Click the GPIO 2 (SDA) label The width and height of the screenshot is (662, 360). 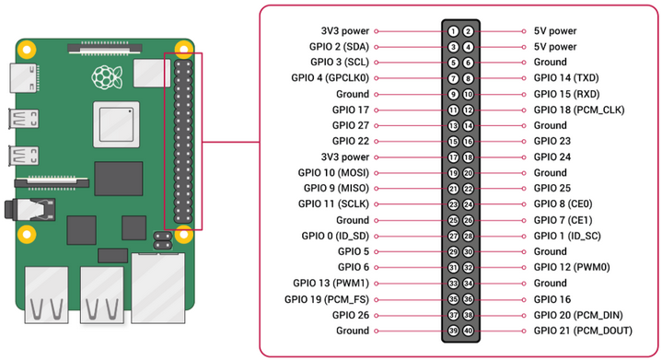point(340,46)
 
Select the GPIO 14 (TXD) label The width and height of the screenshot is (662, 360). point(566,78)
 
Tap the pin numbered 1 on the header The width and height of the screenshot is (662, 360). point(454,30)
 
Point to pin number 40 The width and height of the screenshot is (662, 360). point(469,331)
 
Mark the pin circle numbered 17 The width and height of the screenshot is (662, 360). point(454,157)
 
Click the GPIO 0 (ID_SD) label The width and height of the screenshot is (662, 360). point(335,236)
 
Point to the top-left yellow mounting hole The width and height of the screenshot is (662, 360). point(29,48)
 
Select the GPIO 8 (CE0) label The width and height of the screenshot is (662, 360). point(564,204)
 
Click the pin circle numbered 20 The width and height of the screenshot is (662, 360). point(469,172)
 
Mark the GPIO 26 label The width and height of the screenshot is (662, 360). point(351,315)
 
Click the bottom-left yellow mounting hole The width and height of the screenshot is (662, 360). point(29,233)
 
